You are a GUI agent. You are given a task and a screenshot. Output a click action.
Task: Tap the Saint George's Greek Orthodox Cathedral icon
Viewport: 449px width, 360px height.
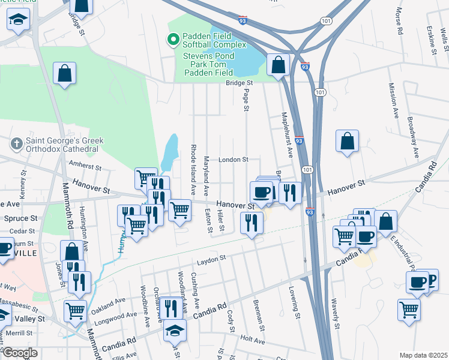(x=16, y=144)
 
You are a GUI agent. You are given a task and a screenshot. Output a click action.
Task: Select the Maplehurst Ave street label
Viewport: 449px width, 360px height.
(x=285, y=134)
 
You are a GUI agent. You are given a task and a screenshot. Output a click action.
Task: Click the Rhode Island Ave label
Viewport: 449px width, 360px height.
(x=193, y=169)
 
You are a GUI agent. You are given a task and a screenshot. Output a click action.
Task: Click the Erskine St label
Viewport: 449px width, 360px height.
(x=432, y=40)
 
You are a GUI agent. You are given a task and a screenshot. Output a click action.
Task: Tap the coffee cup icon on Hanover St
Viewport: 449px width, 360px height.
(x=261, y=192)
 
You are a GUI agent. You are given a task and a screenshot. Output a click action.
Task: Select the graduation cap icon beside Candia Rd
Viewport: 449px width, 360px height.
(x=175, y=331)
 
